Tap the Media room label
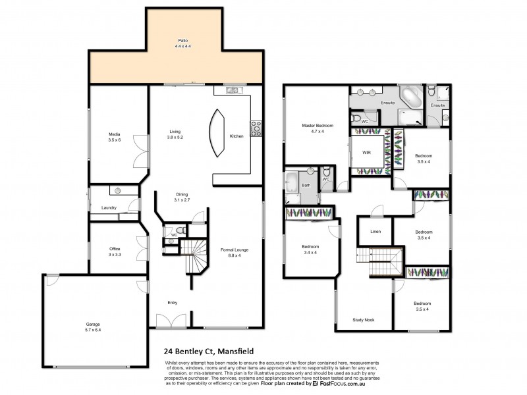point(115,136)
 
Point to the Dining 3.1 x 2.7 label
point(182,196)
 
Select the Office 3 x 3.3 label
point(115,251)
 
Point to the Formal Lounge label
point(234,252)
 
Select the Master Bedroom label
point(318,128)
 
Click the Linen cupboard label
point(375,231)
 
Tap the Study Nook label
point(364,319)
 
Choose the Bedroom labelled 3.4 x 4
point(309,250)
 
